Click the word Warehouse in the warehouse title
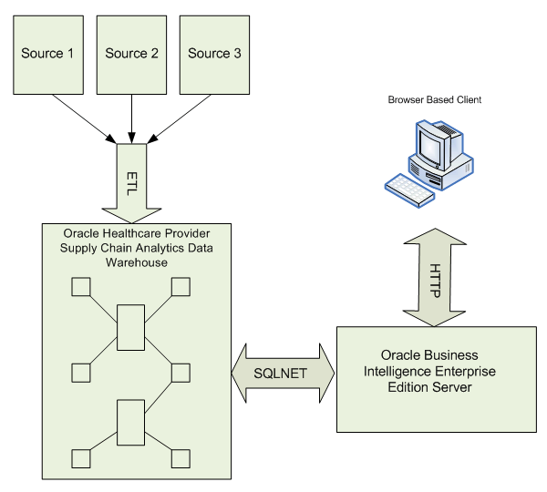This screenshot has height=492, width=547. (x=133, y=262)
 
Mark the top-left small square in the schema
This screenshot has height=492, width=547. (x=80, y=287)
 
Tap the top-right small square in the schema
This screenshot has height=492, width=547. (x=180, y=287)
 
